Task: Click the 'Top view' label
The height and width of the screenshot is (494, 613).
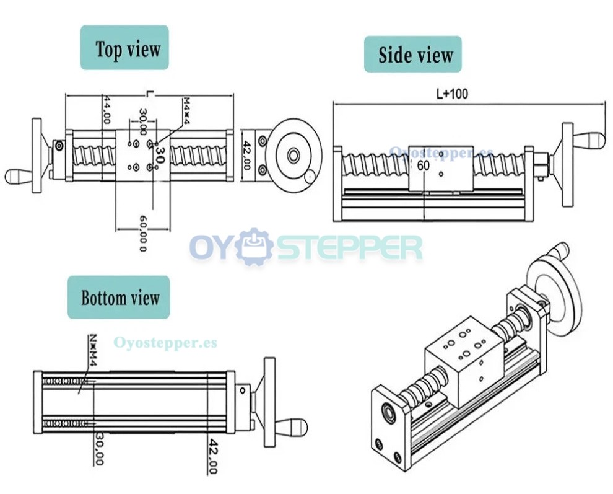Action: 124,48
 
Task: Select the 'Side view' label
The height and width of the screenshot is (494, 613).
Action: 412,55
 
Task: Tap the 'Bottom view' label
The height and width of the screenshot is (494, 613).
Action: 118,298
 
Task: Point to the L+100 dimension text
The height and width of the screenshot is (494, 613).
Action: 452,94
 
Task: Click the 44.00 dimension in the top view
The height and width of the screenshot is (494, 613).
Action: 107,110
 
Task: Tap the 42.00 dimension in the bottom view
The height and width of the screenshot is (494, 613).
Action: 212,456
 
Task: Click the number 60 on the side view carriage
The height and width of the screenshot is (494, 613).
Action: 424,165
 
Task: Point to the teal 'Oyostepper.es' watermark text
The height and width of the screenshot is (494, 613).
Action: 165,342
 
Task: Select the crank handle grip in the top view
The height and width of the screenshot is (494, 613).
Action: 19,175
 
